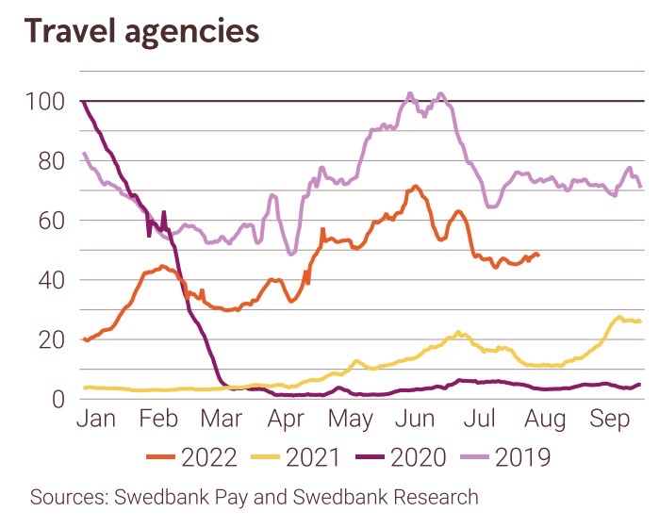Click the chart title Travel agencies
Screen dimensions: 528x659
click(141, 30)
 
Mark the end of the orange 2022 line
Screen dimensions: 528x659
click(537, 255)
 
